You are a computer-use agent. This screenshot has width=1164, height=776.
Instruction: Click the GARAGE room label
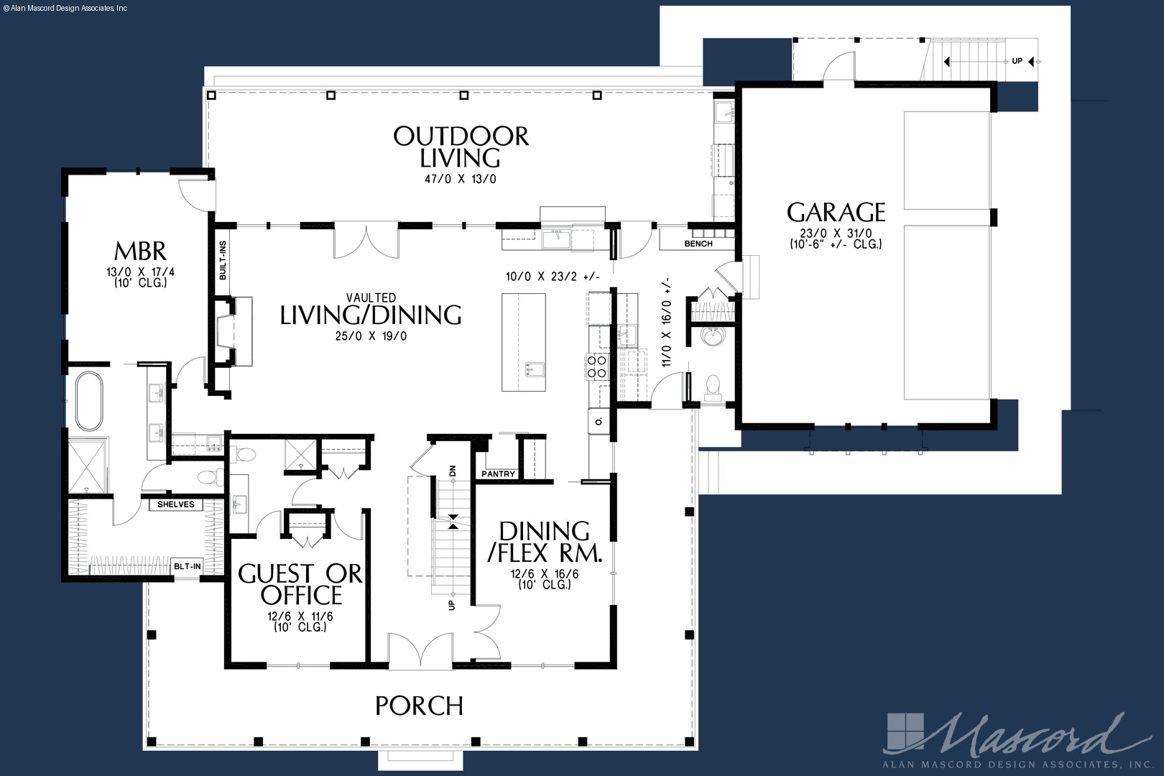point(836,212)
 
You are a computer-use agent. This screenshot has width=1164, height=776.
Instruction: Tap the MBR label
point(140,251)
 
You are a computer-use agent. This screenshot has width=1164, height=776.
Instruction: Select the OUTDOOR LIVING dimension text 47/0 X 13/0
point(461,180)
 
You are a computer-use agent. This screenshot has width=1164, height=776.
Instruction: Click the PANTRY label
point(499,474)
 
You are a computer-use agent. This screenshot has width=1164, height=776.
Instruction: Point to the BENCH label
point(698,244)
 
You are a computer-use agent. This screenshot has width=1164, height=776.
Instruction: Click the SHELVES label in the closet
point(175,504)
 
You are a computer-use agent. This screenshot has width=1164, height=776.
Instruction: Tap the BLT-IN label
point(187,566)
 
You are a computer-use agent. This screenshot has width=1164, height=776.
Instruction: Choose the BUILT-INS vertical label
point(223,260)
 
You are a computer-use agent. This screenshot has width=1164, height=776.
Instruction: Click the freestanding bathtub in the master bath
point(89,401)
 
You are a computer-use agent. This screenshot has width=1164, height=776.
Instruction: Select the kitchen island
point(524,342)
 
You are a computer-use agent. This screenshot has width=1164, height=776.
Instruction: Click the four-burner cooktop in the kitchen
point(596,366)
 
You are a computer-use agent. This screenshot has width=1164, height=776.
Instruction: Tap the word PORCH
point(419,706)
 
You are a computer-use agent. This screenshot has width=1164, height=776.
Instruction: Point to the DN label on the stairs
point(452,471)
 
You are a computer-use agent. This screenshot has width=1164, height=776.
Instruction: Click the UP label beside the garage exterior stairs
point(1017,61)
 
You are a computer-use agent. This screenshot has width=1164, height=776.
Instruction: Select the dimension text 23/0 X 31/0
point(836,234)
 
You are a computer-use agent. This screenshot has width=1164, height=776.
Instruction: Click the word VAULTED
point(371,297)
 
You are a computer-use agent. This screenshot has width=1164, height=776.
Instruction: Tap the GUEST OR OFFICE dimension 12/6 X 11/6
point(300,616)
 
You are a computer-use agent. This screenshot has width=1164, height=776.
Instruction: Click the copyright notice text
point(65,9)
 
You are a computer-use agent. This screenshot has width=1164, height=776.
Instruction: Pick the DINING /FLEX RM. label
point(545,542)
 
